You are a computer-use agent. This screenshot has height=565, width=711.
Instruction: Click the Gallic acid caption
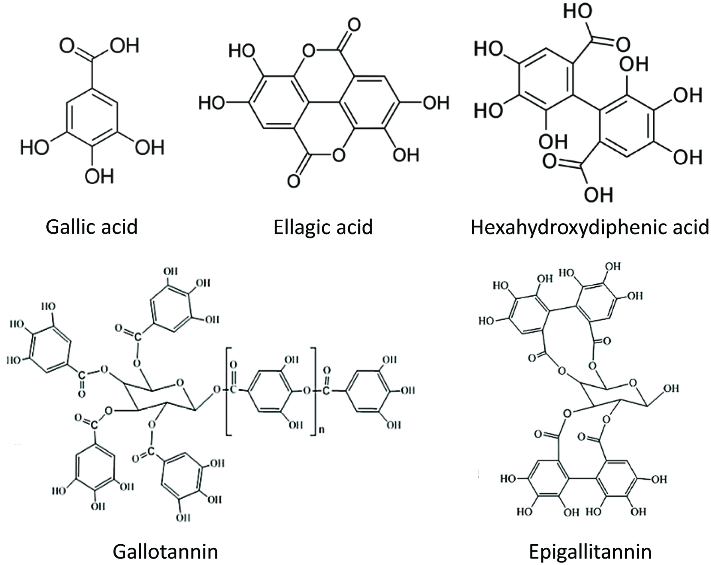(x=91, y=227)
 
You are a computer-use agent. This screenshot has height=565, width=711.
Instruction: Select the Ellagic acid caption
(x=323, y=227)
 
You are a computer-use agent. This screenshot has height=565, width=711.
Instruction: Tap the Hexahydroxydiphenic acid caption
(x=589, y=227)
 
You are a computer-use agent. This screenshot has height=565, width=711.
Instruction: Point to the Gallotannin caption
(x=165, y=552)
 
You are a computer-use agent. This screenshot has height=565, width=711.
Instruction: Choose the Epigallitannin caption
(x=590, y=552)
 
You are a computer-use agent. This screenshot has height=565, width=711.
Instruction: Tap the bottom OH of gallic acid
(x=99, y=176)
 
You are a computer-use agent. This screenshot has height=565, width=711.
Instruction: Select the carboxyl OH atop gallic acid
(x=124, y=46)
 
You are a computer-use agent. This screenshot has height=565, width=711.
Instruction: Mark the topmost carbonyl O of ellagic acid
(x=353, y=25)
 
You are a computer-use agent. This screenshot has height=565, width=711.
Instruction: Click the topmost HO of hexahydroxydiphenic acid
(x=577, y=12)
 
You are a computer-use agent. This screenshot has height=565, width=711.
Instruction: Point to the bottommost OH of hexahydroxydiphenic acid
(x=598, y=194)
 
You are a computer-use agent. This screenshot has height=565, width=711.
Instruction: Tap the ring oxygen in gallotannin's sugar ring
(x=180, y=383)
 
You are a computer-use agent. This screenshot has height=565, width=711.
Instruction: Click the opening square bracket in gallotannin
(x=228, y=391)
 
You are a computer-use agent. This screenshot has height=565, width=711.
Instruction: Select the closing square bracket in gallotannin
(x=313, y=391)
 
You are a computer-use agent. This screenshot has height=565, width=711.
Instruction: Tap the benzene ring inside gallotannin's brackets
(x=269, y=391)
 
